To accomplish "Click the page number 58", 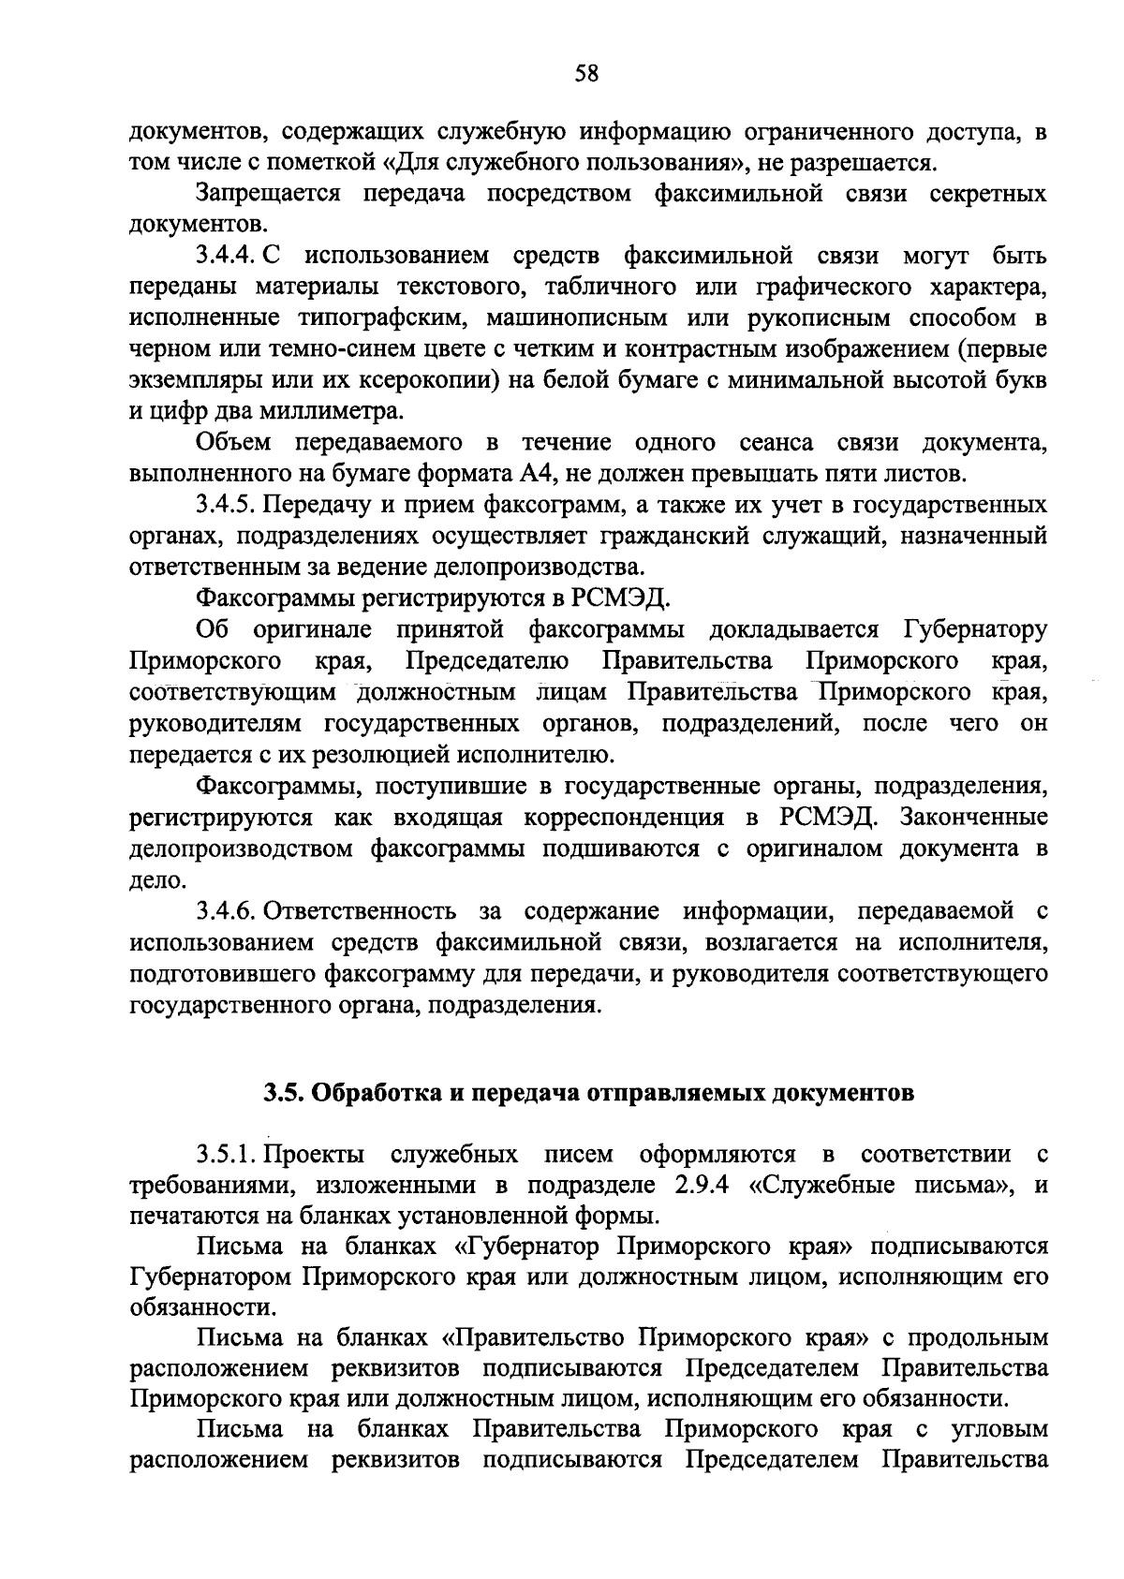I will [587, 74].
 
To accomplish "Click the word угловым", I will [999, 1430].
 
